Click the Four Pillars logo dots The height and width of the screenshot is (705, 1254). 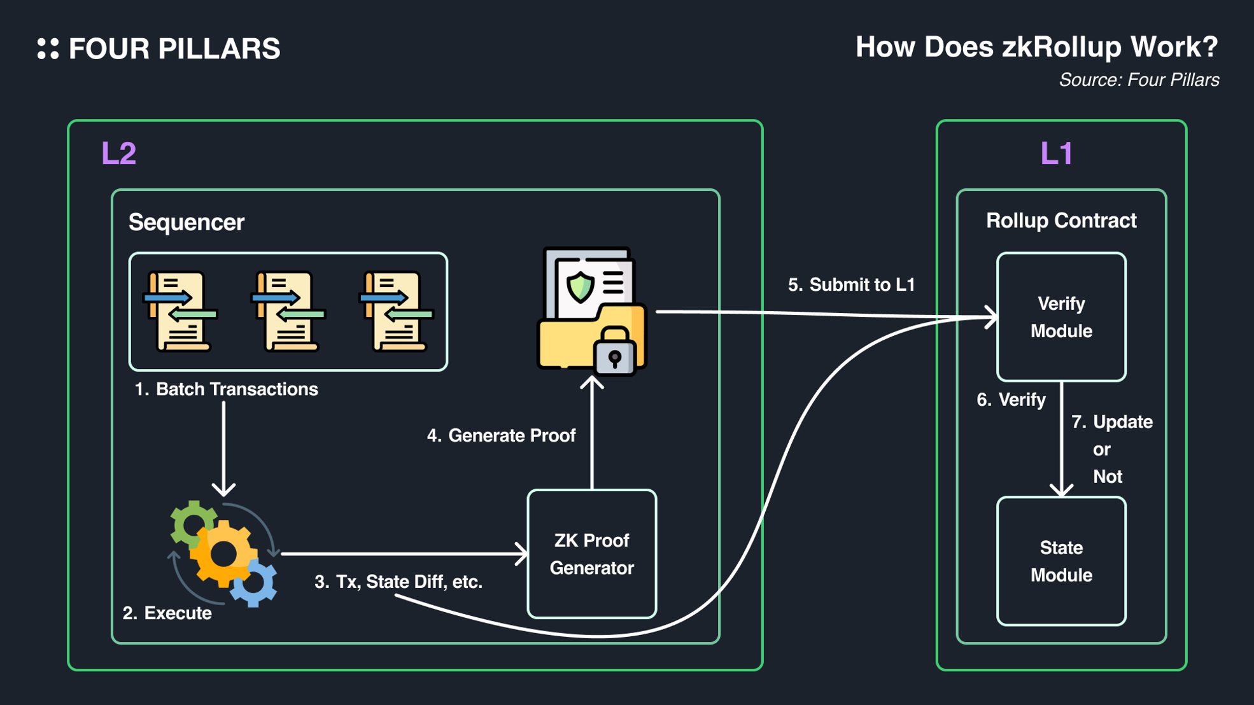(x=48, y=49)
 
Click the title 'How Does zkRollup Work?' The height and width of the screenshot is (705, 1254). (x=1036, y=47)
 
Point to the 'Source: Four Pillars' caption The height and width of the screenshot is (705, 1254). (x=1139, y=80)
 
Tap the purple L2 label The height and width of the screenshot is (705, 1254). (x=119, y=153)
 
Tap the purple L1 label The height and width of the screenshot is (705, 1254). (x=1056, y=153)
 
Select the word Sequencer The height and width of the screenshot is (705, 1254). (x=186, y=223)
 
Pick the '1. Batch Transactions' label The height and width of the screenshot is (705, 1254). (x=226, y=389)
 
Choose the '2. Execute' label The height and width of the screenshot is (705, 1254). (x=167, y=613)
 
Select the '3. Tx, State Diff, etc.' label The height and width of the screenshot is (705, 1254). (x=398, y=582)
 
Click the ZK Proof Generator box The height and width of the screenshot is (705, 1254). (x=591, y=554)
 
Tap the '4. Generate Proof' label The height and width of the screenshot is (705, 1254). (x=501, y=436)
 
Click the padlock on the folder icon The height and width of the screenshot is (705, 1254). (x=614, y=352)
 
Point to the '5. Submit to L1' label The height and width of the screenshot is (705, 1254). (x=851, y=285)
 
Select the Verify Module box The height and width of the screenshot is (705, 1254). (x=1061, y=318)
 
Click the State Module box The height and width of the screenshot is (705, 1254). (x=1061, y=561)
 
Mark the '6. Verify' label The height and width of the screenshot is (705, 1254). (x=1011, y=400)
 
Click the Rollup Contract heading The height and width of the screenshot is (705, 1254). (x=1061, y=221)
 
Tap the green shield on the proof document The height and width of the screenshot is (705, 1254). (x=580, y=286)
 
